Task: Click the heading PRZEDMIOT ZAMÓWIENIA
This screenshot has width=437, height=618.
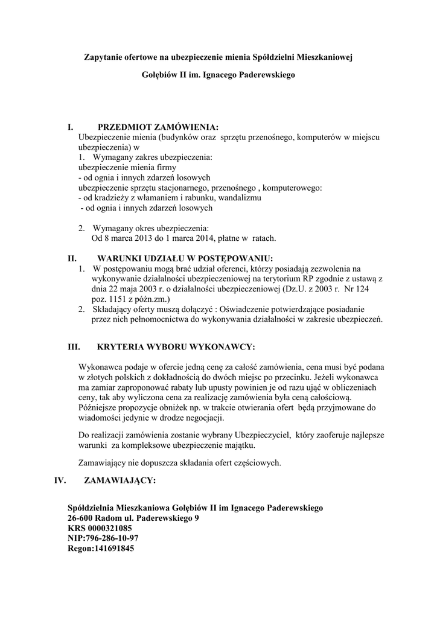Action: pos(157,127)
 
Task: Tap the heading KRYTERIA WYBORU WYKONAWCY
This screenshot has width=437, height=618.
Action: pos(176,348)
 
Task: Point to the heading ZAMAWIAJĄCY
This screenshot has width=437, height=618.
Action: pos(120,480)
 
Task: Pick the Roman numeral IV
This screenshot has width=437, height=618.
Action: pos(60,480)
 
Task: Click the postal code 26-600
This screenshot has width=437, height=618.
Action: pos(82,518)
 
